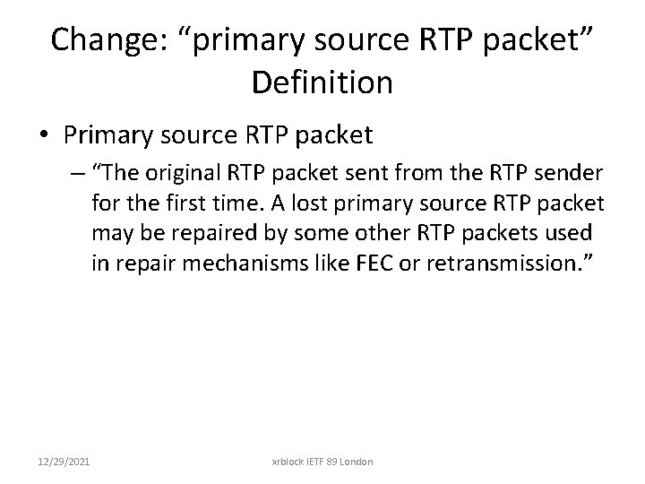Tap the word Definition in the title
pos(322,82)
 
